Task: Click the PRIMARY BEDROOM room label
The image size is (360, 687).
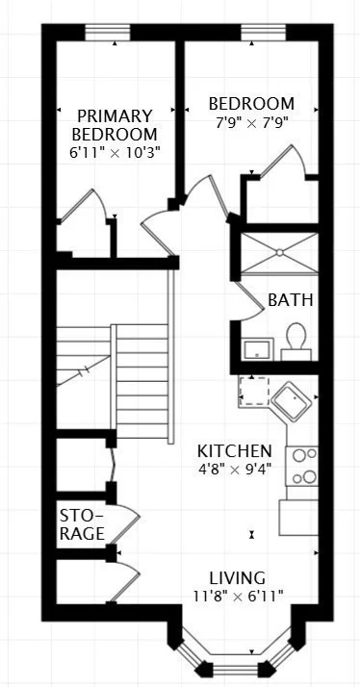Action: coord(115,124)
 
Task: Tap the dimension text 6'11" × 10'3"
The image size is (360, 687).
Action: coord(115,152)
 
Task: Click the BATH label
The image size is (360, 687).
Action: coord(290,300)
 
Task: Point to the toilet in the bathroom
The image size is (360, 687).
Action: coord(296,341)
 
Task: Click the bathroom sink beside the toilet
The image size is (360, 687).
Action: coord(255,348)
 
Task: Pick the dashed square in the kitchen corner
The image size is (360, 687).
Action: coord(253,391)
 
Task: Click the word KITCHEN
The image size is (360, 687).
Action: coord(234,451)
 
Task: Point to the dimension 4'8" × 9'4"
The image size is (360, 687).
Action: coord(234,470)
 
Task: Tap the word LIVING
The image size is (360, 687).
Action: coord(238,578)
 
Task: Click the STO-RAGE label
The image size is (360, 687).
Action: coord(82,522)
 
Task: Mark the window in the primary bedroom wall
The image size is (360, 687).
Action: coord(108,32)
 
